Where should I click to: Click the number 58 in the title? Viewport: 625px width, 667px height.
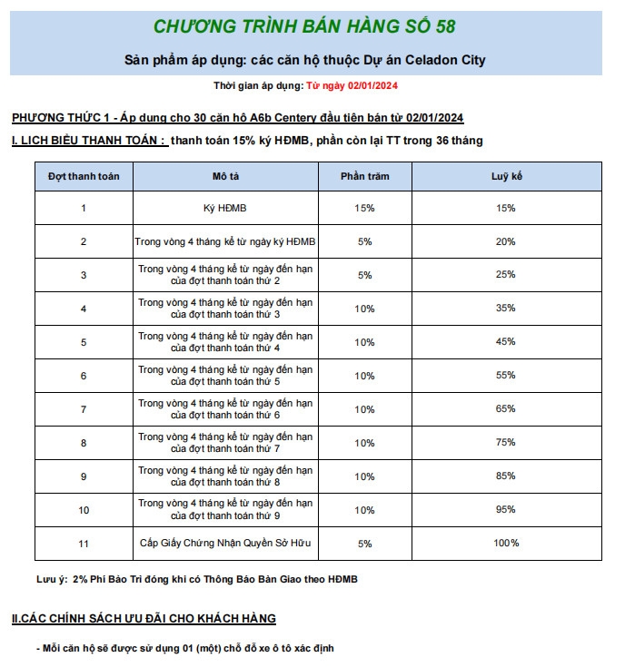445,25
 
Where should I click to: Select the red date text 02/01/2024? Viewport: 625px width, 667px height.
369,85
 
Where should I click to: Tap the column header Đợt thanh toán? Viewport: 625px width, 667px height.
84,176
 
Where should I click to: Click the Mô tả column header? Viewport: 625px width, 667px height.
225,176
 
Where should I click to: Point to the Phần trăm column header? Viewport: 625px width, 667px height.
365,176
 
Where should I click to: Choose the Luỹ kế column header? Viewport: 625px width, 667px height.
506,176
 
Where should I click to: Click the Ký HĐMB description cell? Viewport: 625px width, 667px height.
225,208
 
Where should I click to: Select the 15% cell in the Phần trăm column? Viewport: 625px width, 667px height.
365,208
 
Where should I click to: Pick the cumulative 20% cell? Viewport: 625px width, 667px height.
506,241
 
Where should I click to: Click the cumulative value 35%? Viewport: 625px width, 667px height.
506,309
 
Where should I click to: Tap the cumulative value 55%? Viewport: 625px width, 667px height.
506,376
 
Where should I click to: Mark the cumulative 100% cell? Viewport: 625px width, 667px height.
506,543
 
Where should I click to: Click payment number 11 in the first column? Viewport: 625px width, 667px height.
84,543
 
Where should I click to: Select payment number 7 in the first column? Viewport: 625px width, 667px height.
84,409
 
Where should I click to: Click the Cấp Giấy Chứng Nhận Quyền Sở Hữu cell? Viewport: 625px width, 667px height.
225,543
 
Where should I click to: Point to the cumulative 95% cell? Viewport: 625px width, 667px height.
506,510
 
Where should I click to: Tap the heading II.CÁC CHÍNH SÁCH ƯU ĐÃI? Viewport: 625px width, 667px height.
144,619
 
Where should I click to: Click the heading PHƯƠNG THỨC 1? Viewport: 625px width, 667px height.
238,118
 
